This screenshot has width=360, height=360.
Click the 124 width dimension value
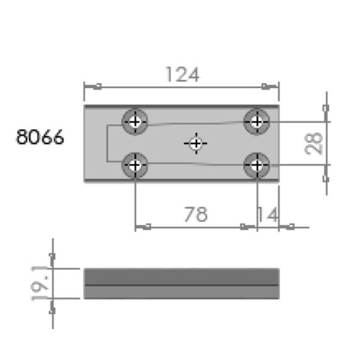[182, 74]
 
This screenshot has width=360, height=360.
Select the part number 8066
[40, 137]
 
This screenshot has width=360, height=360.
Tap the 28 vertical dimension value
[314, 143]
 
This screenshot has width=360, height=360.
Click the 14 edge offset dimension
[268, 214]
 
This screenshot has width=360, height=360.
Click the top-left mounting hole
[136, 122]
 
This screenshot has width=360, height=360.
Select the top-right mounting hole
[257, 122]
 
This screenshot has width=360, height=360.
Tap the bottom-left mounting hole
[136, 164]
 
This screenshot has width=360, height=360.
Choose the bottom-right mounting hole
[257, 164]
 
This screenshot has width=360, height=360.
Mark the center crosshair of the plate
[196, 143]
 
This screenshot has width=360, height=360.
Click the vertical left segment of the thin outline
[107, 143]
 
